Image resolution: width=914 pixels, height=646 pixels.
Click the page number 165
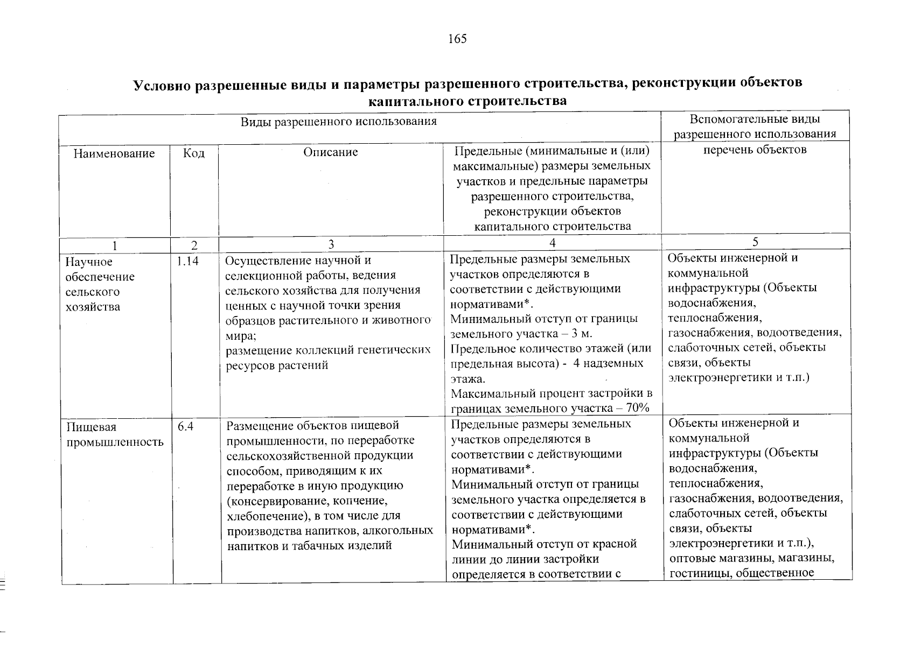tap(457, 39)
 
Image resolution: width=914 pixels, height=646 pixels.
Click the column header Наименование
tap(114, 153)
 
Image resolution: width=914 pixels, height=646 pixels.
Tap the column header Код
tap(193, 153)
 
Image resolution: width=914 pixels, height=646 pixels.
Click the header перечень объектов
tap(755, 150)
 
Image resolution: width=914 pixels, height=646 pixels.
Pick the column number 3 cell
tap(331, 245)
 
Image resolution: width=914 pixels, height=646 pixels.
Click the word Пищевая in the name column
tap(83, 427)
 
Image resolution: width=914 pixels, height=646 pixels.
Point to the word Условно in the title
tap(161, 84)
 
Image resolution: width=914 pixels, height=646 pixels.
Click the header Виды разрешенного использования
tap(338, 121)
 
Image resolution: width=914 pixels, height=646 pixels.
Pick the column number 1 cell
tap(114, 245)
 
